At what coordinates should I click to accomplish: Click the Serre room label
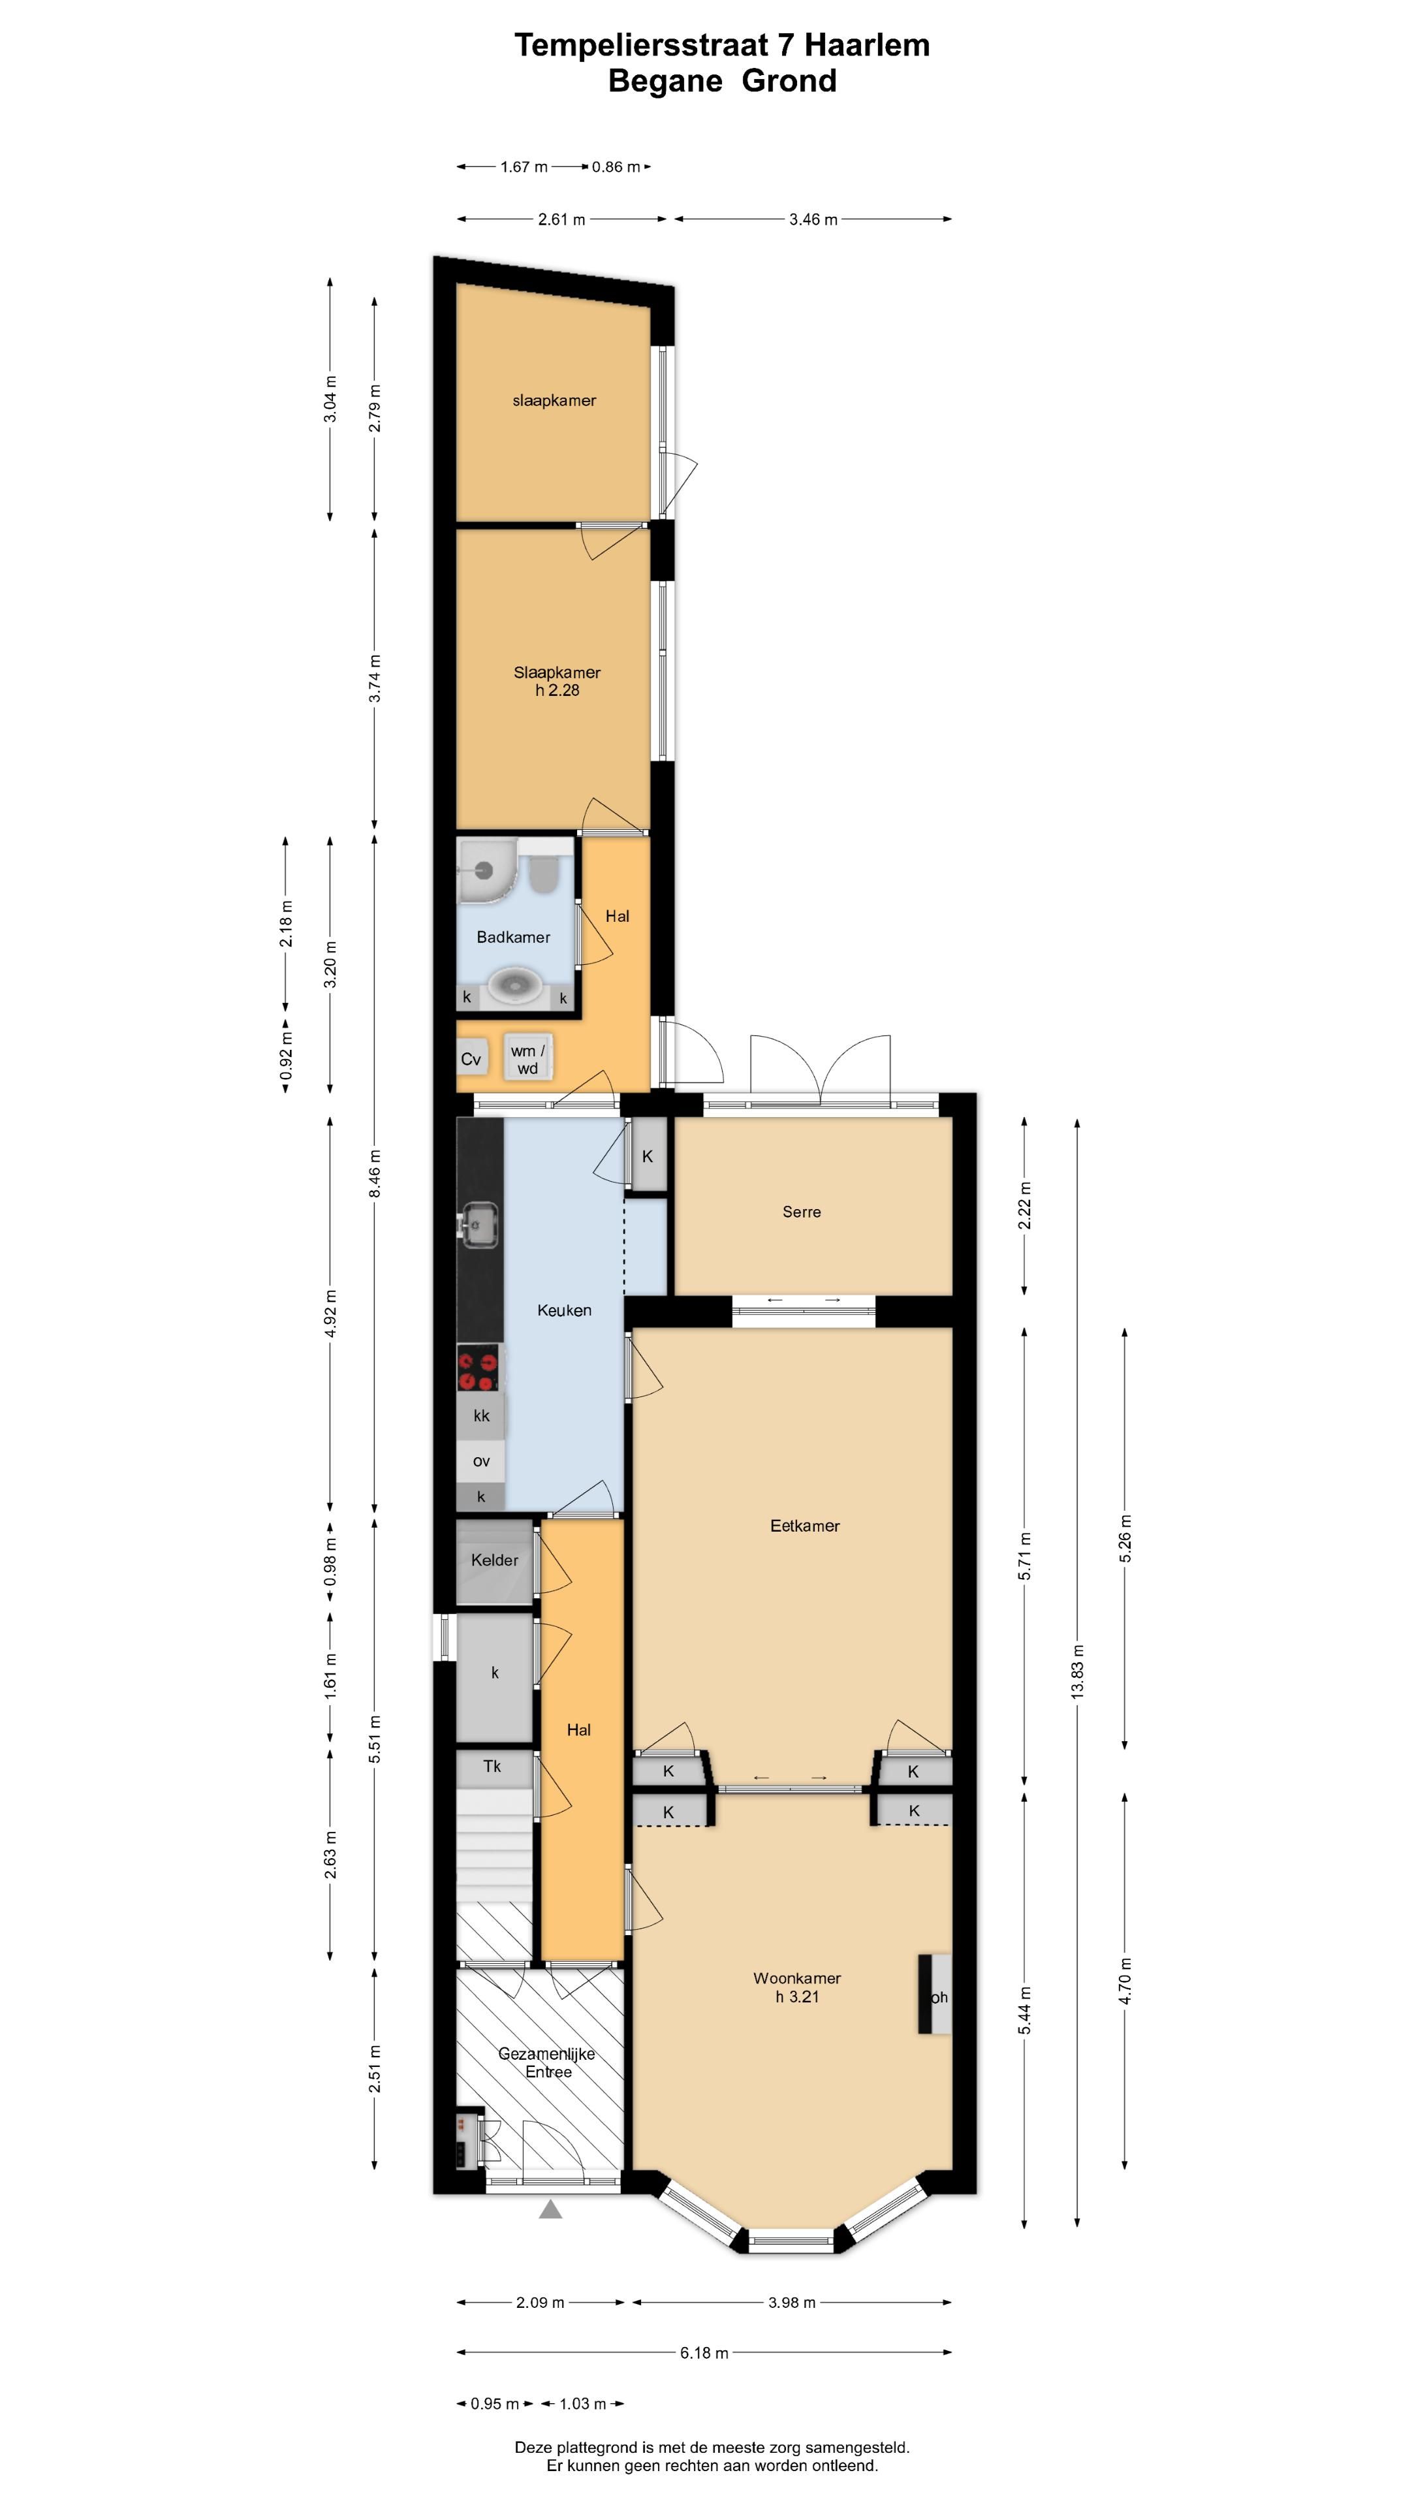pos(801,1212)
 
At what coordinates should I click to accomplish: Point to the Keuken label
pos(563,1310)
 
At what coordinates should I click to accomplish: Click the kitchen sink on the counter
pos(478,1223)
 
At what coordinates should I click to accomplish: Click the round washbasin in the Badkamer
pos(513,985)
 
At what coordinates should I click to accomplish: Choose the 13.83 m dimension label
pos(1077,1672)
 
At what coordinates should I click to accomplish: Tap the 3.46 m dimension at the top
pos(813,219)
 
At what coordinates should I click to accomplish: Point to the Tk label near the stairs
pos(492,1765)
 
